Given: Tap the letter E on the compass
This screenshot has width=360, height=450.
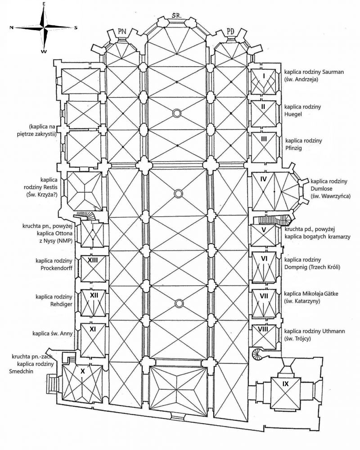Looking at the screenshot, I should [44, 4].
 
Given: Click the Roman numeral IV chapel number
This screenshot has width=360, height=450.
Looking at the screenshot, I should [264, 179].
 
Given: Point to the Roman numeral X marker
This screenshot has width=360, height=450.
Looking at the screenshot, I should [82, 372].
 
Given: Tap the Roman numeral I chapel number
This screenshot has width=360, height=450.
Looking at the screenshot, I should [264, 76].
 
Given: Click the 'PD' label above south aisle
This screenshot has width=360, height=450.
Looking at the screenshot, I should [230, 31].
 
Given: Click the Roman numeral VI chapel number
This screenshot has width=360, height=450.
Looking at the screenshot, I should [264, 259].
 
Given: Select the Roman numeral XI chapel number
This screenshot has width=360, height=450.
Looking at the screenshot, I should [93, 329].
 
